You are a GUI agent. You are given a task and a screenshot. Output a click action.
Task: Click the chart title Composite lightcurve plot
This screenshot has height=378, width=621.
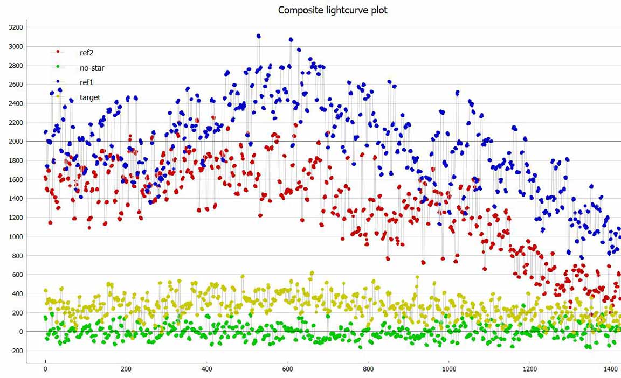[333, 10]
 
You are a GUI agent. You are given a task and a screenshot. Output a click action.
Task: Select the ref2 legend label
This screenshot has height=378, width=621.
[86, 53]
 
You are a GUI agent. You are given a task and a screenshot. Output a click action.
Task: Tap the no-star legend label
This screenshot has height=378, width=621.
[92, 68]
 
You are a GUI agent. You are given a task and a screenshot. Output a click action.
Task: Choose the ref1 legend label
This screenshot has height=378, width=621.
[86, 82]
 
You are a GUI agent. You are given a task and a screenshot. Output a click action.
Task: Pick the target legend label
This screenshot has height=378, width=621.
[90, 97]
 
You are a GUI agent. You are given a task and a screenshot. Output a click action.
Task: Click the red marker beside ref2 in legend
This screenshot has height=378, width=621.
[58, 52]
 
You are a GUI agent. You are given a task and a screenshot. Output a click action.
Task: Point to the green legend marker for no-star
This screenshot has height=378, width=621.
[58, 66]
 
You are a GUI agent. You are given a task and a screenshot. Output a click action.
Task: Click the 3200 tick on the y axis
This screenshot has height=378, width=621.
[16, 27]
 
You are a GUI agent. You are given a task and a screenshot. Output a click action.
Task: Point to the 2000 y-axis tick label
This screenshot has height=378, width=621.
[16, 142]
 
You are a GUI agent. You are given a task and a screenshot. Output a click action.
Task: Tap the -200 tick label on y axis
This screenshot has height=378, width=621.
[16, 351]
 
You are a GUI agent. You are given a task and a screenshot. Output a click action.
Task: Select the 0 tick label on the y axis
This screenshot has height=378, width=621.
[21, 332]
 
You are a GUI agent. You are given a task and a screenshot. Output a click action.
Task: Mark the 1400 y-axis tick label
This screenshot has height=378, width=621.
[16, 199]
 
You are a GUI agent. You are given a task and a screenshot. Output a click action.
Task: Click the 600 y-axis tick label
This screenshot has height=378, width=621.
[17, 275]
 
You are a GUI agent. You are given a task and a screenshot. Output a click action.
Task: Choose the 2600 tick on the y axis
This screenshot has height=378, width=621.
[16, 85]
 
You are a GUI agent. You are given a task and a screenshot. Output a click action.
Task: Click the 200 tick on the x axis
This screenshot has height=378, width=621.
[126, 369]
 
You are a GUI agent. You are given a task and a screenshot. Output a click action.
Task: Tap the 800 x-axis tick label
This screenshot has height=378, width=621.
[368, 369]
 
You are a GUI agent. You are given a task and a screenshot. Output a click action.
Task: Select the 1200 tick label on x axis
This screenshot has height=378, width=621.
[530, 369]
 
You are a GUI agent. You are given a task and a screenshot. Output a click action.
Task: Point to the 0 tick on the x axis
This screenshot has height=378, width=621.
[45, 369]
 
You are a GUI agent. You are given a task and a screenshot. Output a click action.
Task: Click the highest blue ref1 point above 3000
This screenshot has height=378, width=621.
[259, 36]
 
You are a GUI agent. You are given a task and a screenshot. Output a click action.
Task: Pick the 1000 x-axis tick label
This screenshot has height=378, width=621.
[449, 369]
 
